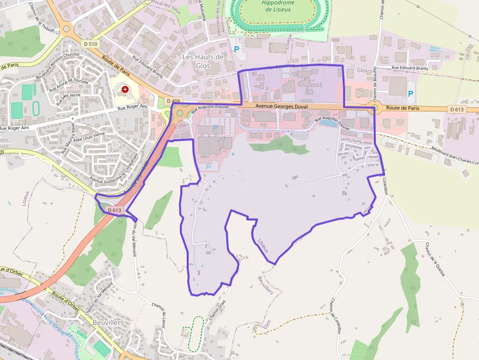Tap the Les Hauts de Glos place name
coord(203,61)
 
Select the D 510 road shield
coord(91,44)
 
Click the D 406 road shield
coord(174,101)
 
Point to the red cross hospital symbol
coord(125,89)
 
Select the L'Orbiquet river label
coord(58,324)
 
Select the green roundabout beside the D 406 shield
coord(180,113)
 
